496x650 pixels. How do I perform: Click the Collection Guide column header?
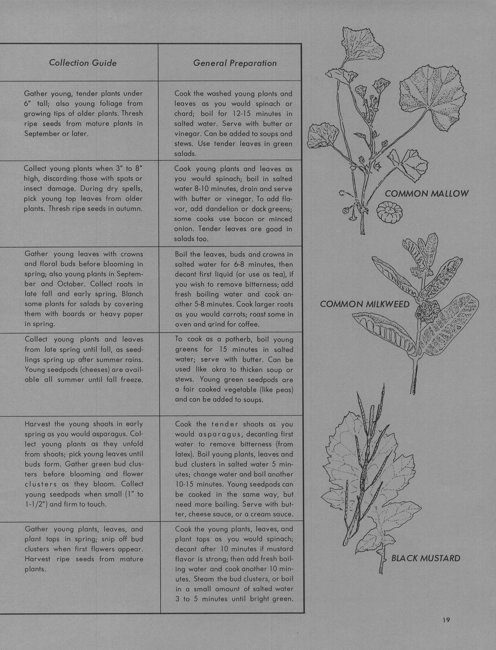click(83, 63)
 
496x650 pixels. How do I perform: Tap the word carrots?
click(224, 314)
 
